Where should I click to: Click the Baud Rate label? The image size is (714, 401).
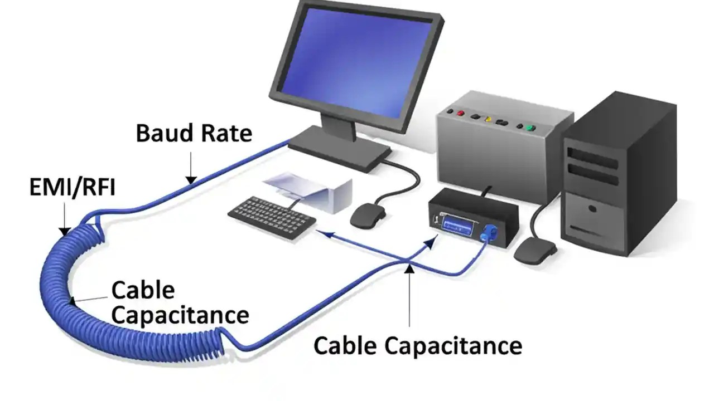click(x=194, y=134)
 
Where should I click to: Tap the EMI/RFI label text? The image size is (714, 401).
click(x=72, y=188)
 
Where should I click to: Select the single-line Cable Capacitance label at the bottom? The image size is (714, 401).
click(x=417, y=345)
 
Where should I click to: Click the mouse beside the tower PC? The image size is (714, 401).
click(x=534, y=251)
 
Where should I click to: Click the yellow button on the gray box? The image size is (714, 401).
click(x=488, y=119)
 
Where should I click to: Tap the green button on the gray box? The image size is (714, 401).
click(x=530, y=128)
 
